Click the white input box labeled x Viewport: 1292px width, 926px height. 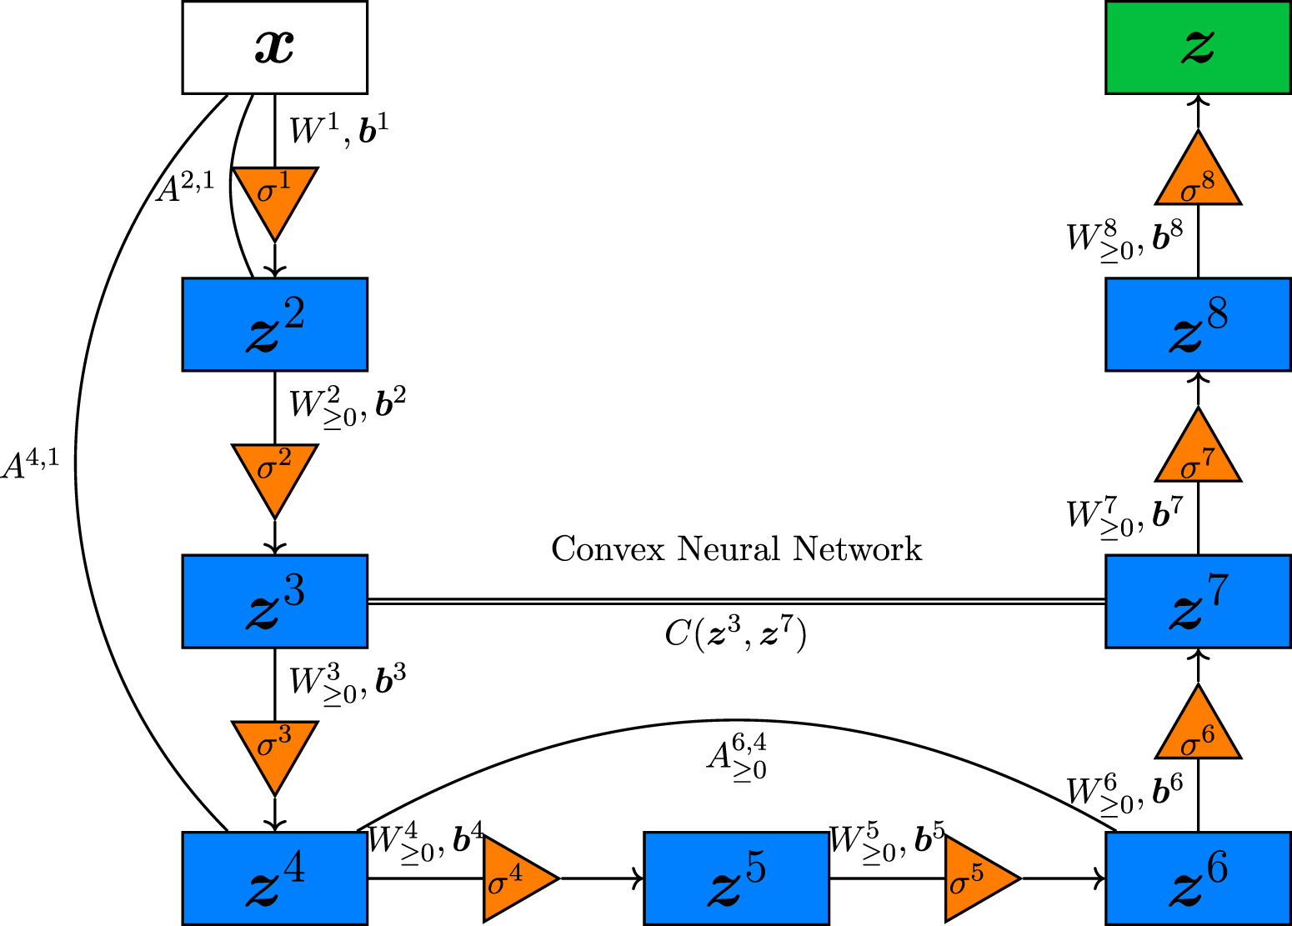point(274,47)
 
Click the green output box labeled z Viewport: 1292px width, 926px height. point(1198,47)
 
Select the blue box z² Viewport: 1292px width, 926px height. point(274,324)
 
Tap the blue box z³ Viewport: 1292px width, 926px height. point(274,601)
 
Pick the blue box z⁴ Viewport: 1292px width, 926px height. point(274,878)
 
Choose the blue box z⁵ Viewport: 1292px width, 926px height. point(736,878)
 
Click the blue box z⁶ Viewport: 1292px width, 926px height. point(1198,878)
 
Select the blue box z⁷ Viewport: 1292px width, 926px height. point(1198,601)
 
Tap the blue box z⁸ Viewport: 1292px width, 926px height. point(1198,324)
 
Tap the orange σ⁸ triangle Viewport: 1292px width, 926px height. point(1198,177)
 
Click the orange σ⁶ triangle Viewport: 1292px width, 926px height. point(1198,731)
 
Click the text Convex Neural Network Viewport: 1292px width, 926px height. point(736,549)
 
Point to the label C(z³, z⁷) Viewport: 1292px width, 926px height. point(736,635)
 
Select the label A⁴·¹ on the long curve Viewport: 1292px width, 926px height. point(30,463)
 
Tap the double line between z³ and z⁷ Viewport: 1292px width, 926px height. point(736,601)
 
